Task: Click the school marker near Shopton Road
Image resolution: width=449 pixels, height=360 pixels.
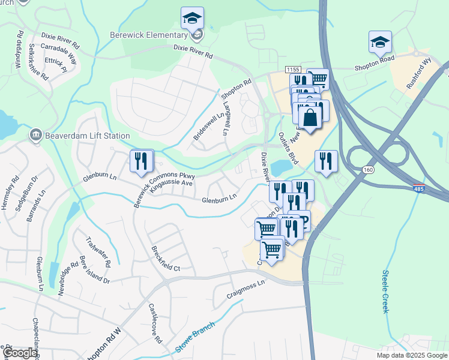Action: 380,42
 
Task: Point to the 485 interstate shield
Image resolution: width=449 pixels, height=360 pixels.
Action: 420,188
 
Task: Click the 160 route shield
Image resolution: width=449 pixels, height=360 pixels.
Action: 367,170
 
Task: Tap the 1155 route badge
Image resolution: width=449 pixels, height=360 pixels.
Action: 293,70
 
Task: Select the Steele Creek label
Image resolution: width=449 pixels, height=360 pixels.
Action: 385,291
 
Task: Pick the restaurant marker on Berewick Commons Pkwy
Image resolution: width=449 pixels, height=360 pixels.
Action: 142,161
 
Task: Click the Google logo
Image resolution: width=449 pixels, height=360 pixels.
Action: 20,353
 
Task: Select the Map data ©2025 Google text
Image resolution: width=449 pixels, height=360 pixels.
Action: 411,355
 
